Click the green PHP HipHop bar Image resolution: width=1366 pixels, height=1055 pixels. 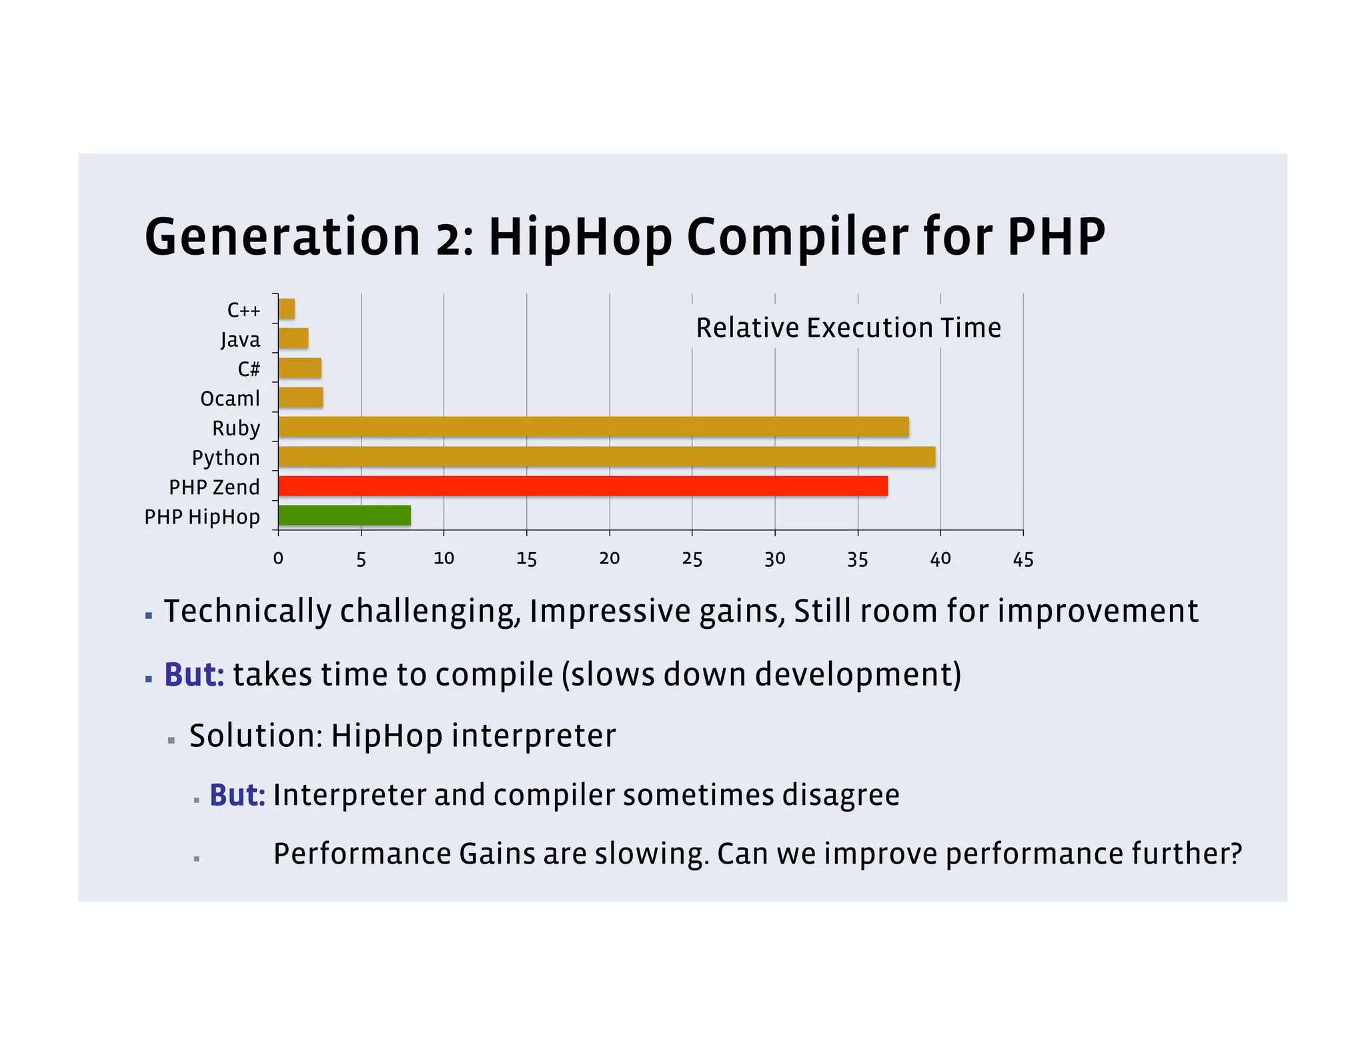pos(344,515)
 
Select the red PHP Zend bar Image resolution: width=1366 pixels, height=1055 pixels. pos(582,486)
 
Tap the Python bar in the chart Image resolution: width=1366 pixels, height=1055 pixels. pos(606,457)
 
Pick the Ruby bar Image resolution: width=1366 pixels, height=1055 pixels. pos(593,427)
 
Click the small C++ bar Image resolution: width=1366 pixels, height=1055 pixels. pos(287,309)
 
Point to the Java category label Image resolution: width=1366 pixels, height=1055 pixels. pos(240,339)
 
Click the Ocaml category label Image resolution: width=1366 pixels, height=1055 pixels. pos(230,398)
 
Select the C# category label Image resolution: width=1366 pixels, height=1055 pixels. pos(249,369)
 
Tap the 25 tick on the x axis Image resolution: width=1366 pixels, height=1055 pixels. pos(692,559)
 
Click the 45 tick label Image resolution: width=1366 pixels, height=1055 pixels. pos(1022,559)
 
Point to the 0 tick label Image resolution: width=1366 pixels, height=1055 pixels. pos(278,559)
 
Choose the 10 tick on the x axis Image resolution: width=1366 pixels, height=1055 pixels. pos(444,559)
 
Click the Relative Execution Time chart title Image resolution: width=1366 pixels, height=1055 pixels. pos(848,328)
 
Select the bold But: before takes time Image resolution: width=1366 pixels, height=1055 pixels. pos(194,674)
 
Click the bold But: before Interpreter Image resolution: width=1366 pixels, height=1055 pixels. pos(237,795)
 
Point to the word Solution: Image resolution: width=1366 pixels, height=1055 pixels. pos(256,736)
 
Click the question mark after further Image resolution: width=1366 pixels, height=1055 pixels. pos(1235,854)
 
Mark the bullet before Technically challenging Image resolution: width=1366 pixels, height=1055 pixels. pos(149,616)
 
